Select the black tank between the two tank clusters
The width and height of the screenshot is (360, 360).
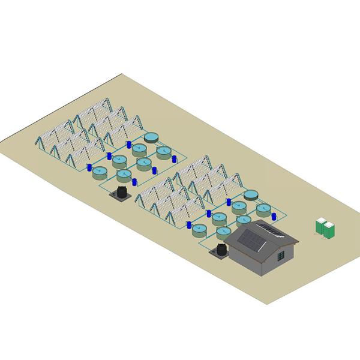[121, 192]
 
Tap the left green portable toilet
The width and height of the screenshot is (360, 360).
[320, 227]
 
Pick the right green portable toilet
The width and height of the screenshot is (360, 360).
[330, 228]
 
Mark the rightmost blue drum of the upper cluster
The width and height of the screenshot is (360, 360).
[174, 158]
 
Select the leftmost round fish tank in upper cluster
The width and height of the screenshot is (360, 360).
[101, 172]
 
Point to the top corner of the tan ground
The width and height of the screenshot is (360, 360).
[122, 74]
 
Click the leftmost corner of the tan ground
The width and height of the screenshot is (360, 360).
[1, 142]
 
